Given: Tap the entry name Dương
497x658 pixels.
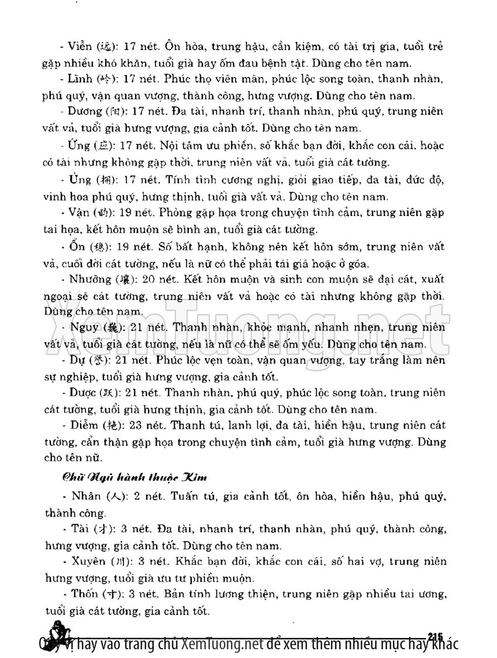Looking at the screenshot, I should click(x=84, y=111).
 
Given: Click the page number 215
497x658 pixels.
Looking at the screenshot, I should click(x=437, y=636).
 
